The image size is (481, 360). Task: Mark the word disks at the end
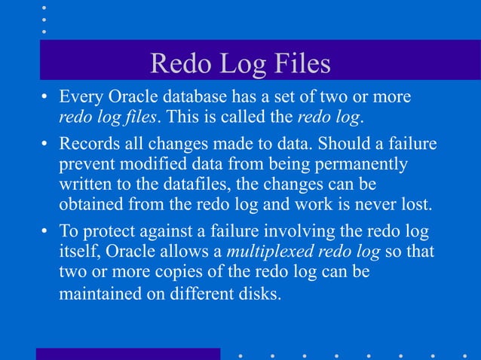click(x=261, y=292)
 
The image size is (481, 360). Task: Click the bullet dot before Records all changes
click(x=46, y=144)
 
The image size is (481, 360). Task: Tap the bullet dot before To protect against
click(x=46, y=230)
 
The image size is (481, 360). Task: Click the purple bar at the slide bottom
click(x=128, y=353)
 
